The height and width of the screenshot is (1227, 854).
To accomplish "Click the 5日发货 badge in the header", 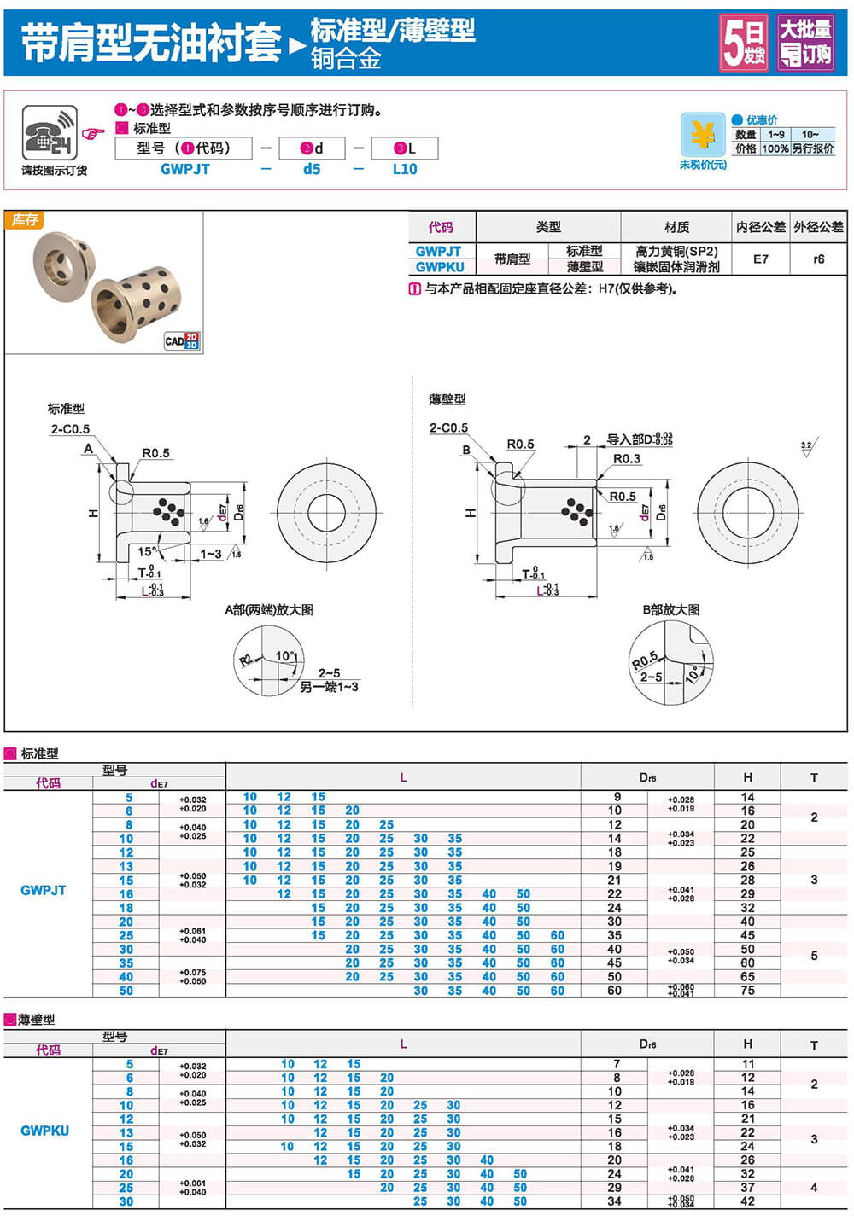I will pos(744,42).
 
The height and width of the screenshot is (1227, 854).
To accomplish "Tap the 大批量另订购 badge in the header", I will pos(805,42).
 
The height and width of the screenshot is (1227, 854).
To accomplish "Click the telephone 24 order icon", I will pos(49,132).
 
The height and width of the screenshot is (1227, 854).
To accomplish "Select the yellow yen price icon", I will pos(702,135).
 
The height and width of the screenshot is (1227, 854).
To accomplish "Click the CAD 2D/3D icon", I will pos(182,340).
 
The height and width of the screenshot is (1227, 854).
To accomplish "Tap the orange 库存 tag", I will pos(25,220).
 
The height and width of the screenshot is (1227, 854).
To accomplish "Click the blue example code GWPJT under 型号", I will pos(184,169).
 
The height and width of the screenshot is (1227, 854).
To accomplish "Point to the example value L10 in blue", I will pos(405,169).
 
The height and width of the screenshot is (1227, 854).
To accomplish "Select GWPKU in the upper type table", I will pos(440,267).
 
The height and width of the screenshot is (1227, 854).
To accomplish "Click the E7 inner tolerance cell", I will pos(760,259).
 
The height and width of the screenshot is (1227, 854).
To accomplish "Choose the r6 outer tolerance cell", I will pos(818,259).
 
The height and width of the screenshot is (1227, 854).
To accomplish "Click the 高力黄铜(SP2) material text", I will pos(676,252).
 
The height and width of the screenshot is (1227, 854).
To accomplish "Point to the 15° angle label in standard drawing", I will pos(147,551).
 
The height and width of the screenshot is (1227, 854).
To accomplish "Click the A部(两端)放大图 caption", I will pos(269,610).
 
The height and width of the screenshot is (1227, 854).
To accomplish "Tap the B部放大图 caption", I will pos(671,610).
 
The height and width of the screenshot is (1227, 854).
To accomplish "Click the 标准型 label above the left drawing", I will pos(66,409).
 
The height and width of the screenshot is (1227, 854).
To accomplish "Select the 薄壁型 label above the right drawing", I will pos(447,399).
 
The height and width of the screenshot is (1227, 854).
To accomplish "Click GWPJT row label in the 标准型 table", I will pos(44,890).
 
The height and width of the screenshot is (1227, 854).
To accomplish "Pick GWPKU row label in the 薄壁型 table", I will pos(44,1131).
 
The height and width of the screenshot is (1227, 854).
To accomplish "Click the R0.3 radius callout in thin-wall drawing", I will pos(626,459).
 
